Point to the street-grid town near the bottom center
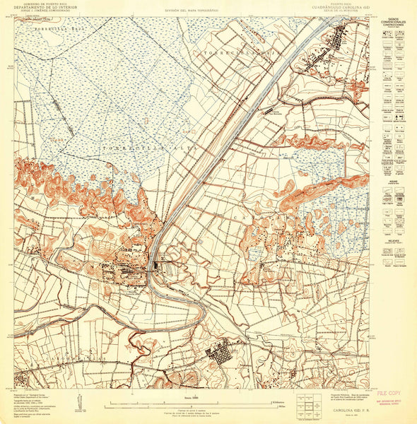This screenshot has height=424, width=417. point(221,353)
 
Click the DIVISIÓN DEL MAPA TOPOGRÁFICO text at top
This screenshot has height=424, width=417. point(191,11)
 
